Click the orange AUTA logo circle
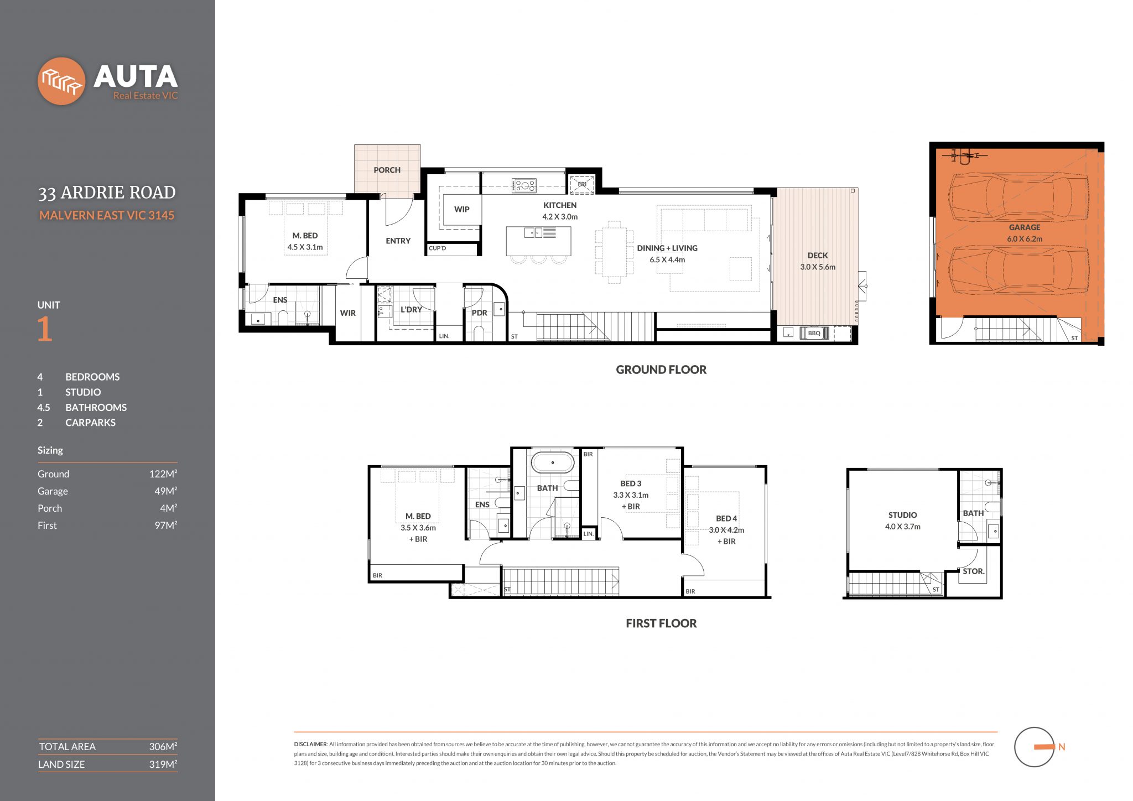point(61,81)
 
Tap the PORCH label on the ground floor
point(387,170)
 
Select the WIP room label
point(461,210)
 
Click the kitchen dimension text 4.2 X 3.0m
point(559,217)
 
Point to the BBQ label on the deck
point(814,333)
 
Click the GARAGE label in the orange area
point(1024,227)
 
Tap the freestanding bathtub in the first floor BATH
point(553,462)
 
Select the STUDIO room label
point(902,515)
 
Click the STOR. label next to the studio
point(973,571)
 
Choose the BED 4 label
point(726,518)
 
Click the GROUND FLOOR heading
point(661,370)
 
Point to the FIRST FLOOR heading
point(661,623)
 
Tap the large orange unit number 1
point(45,329)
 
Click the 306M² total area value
point(163,747)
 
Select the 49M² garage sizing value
point(165,491)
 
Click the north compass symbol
point(1035,747)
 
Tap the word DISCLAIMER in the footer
point(310,745)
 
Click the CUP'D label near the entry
point(437,248)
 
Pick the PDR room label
point(479,313)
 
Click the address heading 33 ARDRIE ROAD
point(107,193)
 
